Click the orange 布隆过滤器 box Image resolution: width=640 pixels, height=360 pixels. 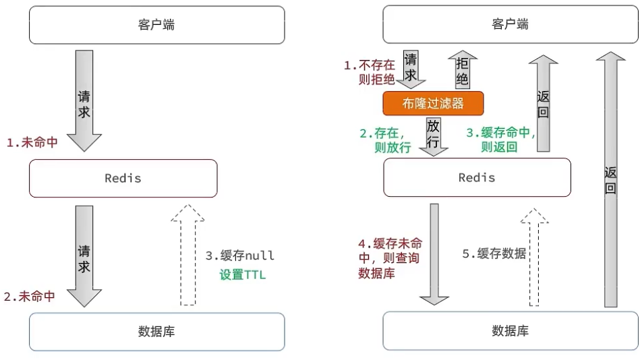(x=433, y=103)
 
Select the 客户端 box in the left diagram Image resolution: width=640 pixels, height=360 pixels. (x=156, y=25)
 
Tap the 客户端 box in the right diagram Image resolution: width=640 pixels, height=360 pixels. (x=511, y=24)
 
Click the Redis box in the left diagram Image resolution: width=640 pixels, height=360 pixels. (x=123, y=179)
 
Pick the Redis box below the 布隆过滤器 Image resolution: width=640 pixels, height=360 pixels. (x=477, y=177)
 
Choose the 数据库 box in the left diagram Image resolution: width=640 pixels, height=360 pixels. (x=156, y=332)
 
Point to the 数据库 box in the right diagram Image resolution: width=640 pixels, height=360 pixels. (x=511, y=330)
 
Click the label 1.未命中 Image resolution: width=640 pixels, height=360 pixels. (x=32, y=142)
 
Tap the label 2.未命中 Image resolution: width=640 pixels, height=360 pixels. (x=30, y=297)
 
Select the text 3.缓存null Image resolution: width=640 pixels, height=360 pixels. (x=239, y=256)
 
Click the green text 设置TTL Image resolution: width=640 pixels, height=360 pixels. (x=243, y=274)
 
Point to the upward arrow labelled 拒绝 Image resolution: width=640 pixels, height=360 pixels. (x=463, y=69)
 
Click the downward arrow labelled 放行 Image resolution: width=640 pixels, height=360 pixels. (x=434, y=137)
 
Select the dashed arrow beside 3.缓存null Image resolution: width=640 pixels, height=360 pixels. (x=187, y=255)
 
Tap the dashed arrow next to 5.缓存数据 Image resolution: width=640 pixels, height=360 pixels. (x=534, y=257)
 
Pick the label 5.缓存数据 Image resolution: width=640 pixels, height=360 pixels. (x=494, y=253)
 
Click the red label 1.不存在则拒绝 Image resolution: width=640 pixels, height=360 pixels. (x=370, y=72)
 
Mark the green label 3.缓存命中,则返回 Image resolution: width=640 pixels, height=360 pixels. (x=500, y=140)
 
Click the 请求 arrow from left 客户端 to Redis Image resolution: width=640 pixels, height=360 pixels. (x=84, y=101)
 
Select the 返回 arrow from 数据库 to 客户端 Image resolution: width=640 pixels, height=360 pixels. (x=610, y=179)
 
